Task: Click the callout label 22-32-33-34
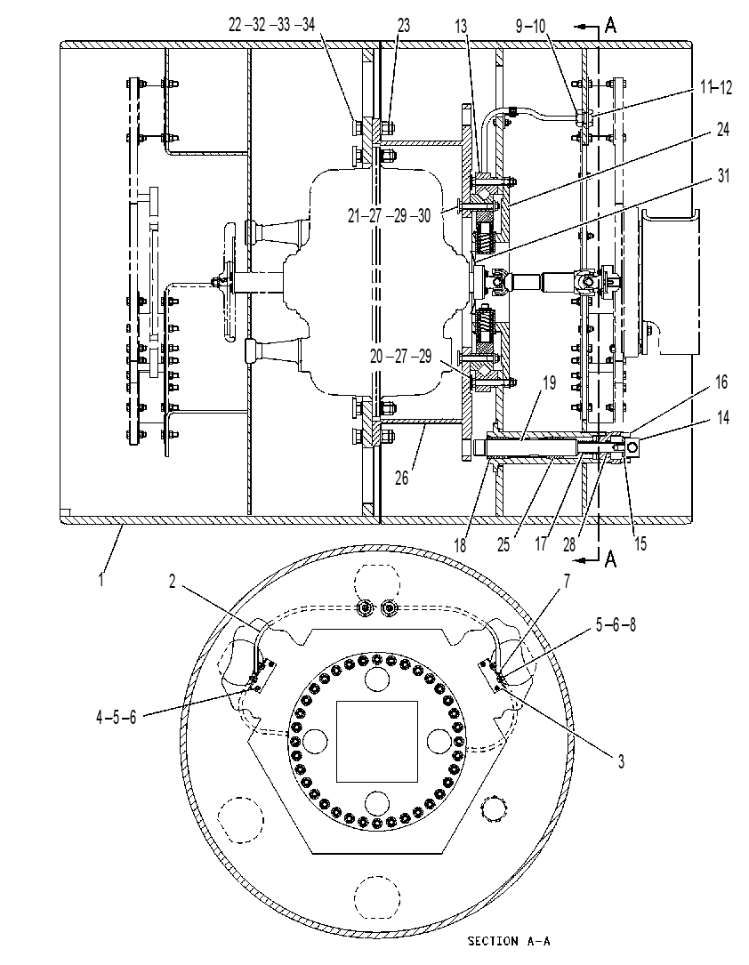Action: [271, 25]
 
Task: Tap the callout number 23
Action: [403, 25]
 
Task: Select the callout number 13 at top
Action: [461, 26]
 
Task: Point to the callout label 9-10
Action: [530, 26]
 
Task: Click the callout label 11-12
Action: [716, 87]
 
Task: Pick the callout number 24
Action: [722, 129]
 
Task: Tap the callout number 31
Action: [724, 176]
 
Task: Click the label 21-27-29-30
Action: [389, 215]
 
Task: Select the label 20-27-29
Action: [400, 356]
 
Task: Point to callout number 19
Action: [550, 382]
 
